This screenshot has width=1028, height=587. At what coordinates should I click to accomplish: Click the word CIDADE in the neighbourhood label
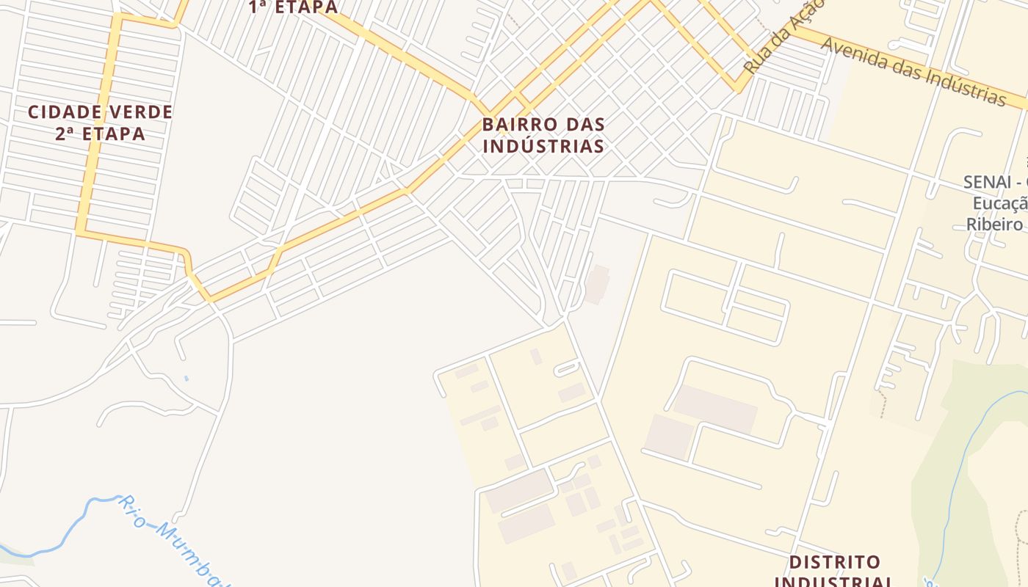[x=62, y=112]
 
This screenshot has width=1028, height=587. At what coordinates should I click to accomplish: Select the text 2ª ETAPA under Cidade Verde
[x=100, y=134]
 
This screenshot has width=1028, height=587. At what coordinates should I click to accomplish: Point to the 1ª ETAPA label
[x=293, y=7]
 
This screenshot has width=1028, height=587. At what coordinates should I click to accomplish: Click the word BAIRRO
[x=517, y=124]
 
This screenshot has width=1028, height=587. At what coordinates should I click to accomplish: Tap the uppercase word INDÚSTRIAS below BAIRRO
[x=543, y=146]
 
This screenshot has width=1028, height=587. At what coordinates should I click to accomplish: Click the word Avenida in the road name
[x=854, y=54]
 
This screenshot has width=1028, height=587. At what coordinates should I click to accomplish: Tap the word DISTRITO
[x=834, y=563]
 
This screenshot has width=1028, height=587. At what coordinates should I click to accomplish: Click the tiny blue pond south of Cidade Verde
[x=186, y=379]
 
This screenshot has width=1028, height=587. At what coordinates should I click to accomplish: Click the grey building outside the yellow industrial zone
[x=598, y=285]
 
